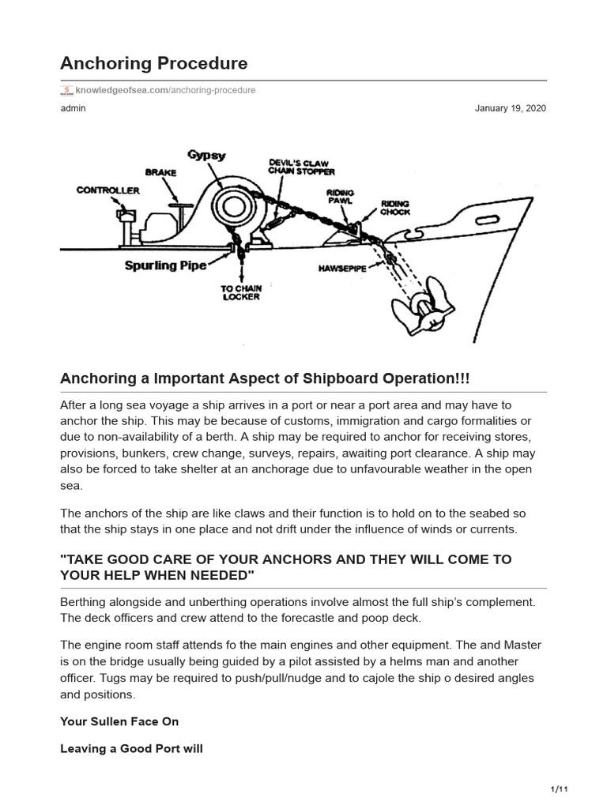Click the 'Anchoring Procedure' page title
[154, 62]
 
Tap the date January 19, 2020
[510, 108]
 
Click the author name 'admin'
[73, 108]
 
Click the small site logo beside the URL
[67, 90]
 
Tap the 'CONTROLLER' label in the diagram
[107, 190]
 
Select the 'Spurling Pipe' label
[165, 265]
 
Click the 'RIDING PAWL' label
[341, 197]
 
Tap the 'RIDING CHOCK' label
[395, 207]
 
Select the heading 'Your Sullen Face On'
[119, 721]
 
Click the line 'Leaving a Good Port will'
[131, 748]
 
